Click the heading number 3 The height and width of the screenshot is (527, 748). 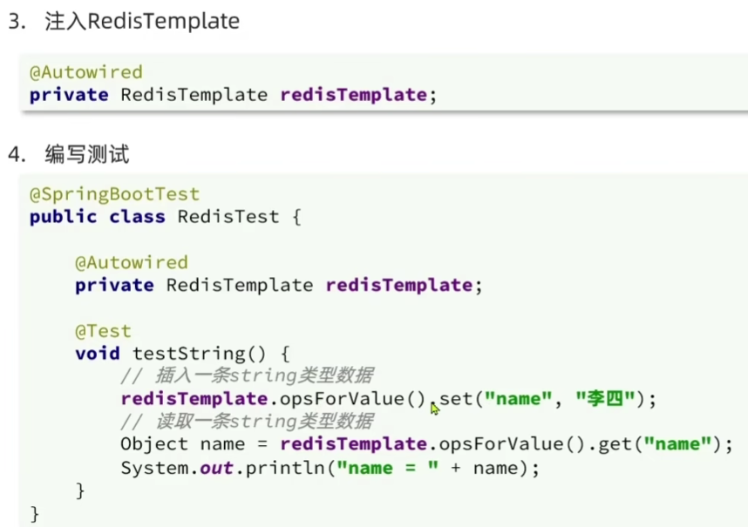(x=15, y=22)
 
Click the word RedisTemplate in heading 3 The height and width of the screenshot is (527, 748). (x=164, y=22)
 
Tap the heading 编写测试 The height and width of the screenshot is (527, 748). (x=87, y=155)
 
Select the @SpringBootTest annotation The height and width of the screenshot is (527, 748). (x=114, y=194)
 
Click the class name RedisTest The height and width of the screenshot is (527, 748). (x=228, y=217)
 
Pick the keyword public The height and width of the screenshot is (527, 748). (x=64, y=217)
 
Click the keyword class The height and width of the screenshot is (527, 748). (x=137, y=217)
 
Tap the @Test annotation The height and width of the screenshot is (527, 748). (x=103, y=331)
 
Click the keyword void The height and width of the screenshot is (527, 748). (x=98, y=354)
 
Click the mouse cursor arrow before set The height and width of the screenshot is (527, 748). (x=434, y=407)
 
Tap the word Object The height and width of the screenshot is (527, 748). (x=154, y=444)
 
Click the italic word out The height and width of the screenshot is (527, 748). (x=216, y=468)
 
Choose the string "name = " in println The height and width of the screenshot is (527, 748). (x=381, y=468)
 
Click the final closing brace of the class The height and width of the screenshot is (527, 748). (x=35, y=513)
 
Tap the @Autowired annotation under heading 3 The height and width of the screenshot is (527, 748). (x=85, y=72)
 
